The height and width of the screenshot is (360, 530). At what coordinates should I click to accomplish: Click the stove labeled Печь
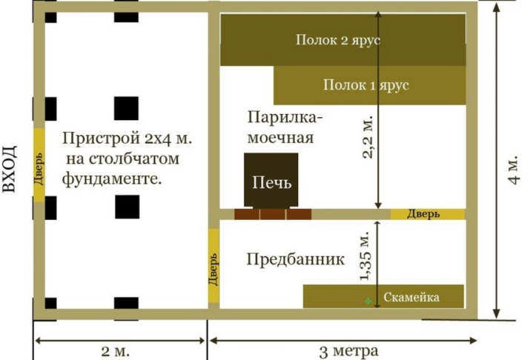coord(271,180)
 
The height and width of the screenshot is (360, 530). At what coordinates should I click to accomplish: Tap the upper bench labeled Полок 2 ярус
coord(342,40)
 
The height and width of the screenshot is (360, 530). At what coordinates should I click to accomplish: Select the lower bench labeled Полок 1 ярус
coord(369,85)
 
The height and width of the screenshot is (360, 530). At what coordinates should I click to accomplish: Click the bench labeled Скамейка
coord(383,296)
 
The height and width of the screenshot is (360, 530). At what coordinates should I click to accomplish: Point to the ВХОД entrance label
coord(10,169)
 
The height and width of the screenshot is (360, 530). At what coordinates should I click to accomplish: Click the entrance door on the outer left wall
coord(39,164)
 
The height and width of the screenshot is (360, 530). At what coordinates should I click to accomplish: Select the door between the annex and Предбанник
coord(213,265)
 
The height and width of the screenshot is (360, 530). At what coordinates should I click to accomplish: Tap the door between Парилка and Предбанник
coord(428,214)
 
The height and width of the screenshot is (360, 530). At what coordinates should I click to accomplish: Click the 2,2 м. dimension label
coord(368,137)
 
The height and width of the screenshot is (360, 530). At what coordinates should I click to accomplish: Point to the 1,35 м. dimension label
coord(366,256)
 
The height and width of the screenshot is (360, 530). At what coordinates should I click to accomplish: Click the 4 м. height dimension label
coord(513,170)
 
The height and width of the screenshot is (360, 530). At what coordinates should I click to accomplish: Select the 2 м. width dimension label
coord(115,352)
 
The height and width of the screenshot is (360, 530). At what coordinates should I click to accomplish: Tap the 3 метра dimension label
coord(349,352)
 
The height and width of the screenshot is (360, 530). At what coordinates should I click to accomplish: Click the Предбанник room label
coord(296,259)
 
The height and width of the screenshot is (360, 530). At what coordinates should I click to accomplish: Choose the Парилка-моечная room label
coord(285,127)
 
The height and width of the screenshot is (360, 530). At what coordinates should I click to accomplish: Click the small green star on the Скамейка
coord(368,301)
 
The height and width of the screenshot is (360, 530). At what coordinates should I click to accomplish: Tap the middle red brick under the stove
coord(273,214)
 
